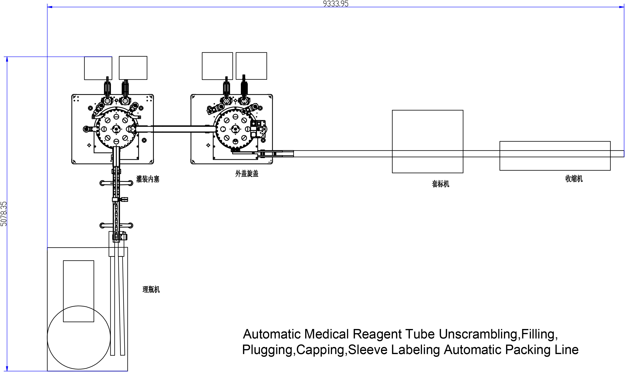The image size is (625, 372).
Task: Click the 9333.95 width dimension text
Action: tap(336, 4)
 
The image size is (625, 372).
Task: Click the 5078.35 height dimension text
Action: tap(4, 214)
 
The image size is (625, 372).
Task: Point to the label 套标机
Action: tap(440, 184)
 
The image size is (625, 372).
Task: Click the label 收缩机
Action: tap(574, 179)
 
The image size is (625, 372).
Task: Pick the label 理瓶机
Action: tap(151, 290)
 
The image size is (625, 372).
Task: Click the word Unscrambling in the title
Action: tap(478, 334)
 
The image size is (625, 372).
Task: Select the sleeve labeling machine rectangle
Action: tap(427, 130)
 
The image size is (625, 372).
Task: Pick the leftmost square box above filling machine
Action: tap(98, 68)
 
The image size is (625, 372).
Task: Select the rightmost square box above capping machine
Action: tap(251, 66)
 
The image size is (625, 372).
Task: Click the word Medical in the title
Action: tap(326, 334)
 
